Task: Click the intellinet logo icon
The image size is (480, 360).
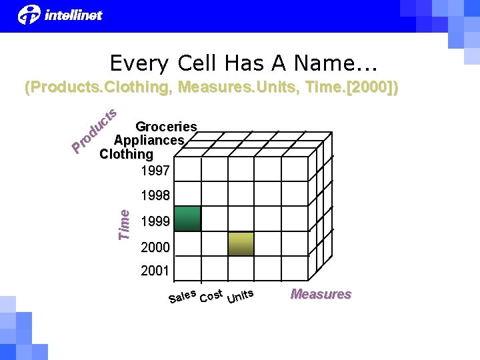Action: tap(29, 15)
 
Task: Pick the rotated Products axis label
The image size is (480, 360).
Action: tap(95, 129)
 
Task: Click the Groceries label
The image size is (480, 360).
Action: tap(166, 127)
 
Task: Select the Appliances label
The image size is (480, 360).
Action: tap(149, 141)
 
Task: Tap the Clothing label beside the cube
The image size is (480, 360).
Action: tap(125, 154)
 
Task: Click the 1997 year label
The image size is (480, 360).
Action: tap(155, 171)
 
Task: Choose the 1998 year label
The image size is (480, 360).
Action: tap(155, 196)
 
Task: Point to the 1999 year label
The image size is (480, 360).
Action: tap(155, 221)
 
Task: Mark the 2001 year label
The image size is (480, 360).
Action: tap(155, 271)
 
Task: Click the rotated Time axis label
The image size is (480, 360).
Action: tap(124, 223)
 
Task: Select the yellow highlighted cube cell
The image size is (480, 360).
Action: tap(241, 244)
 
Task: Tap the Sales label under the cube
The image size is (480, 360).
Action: tap(182, 295)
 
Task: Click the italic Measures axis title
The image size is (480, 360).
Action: tap(321, 294)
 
